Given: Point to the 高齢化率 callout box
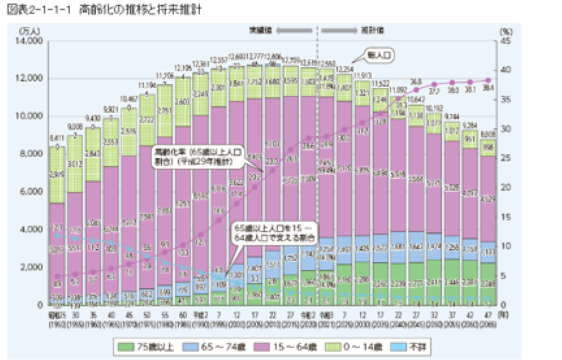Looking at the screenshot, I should click(x=198, y=158).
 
